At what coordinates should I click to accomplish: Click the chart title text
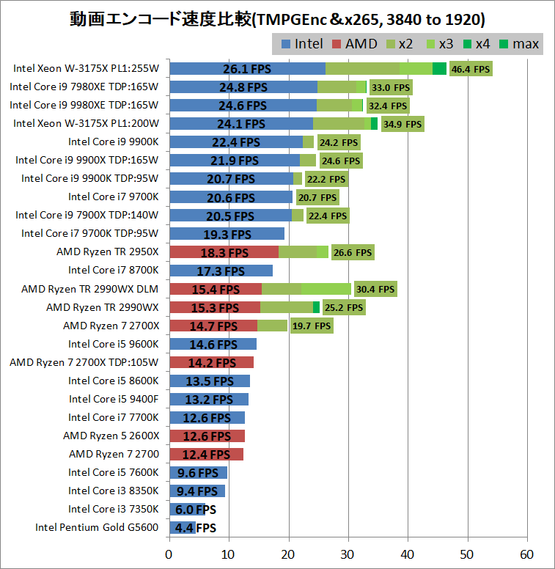pos(277,18)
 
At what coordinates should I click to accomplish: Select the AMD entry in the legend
pos(354,44)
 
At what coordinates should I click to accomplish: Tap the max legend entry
pos(518,44)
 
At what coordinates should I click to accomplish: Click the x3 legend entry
pos(438,44)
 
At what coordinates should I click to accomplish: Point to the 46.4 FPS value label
pos(471,69)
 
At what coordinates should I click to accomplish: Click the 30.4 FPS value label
pos(375,289)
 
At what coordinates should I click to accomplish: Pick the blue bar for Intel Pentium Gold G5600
pos(182,527)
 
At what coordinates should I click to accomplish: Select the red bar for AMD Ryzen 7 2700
pos(206,454)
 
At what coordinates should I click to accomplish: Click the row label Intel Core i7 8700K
pos(113,271)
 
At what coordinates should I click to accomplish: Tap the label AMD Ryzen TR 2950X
pos(107,252)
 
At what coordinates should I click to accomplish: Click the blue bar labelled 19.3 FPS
pos(227,234)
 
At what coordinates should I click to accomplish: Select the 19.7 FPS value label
pos(312,326)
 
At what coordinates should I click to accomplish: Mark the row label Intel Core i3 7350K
pos(113,509)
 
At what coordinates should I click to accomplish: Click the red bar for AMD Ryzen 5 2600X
pos(207,436)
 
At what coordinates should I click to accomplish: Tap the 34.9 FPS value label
pos(403,124)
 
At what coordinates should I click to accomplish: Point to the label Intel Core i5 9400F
pos(113,399)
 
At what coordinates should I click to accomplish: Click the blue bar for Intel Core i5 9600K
pos(213,344)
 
